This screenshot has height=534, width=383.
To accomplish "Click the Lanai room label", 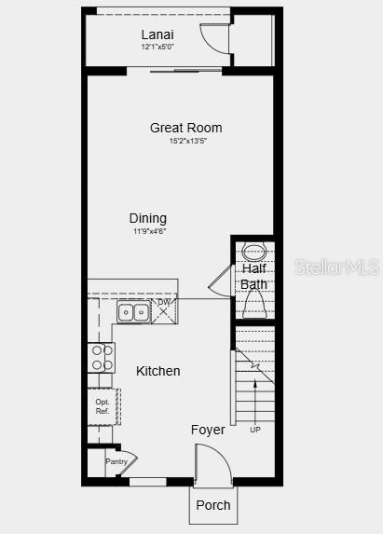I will pos(157,34).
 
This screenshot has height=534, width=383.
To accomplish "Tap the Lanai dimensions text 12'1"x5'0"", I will pos(157,47).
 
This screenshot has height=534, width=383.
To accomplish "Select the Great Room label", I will pos(185,128).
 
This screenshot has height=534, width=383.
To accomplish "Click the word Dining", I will pos(148,218).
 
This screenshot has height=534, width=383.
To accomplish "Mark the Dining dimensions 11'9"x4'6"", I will pos(148,230).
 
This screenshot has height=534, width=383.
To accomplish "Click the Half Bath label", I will pos(253,277).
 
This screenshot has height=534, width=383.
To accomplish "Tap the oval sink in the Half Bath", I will pos(253,251).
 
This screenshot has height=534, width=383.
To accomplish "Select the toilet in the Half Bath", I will pos(253,304).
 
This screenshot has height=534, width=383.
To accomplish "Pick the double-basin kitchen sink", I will pos(131,312).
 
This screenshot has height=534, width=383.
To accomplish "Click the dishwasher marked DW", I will pos(164,309).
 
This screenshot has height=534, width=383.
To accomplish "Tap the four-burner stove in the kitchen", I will pos(101,357).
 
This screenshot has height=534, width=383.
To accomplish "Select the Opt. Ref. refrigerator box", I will pos(103,406).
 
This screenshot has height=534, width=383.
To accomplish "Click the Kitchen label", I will pos(158,371).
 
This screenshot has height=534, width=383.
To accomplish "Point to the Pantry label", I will pos(116,462).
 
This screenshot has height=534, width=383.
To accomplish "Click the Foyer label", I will pos(208,430).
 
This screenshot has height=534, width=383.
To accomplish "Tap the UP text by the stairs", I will pos(255,430).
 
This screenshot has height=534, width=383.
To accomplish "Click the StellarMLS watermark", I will pos(336,267).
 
